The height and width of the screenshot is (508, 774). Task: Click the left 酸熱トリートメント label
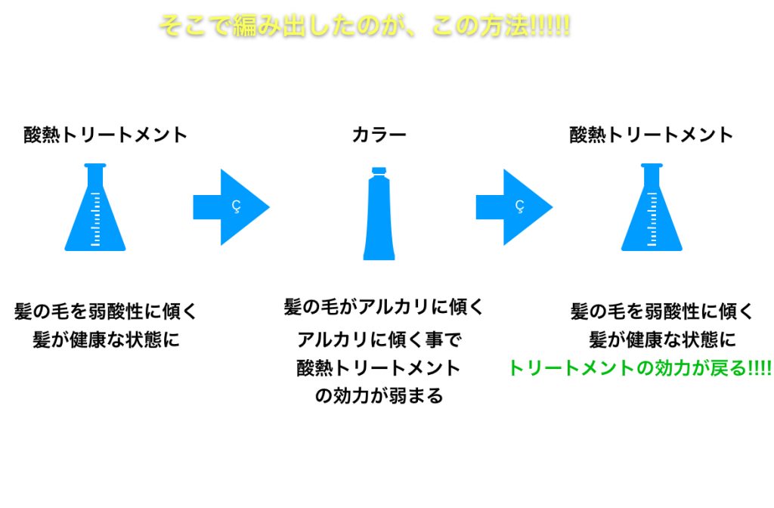(105, 135)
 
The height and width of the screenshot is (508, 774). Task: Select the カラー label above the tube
(379, 135)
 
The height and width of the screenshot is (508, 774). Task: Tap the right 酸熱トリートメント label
(652, 135)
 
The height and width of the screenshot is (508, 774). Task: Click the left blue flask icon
(95, 215)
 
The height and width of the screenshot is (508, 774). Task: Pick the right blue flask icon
(652, 215)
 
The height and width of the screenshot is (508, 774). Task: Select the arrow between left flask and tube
(231, 206)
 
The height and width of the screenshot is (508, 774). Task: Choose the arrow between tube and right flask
(514, 206)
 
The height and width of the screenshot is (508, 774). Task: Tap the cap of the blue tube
(379, 171)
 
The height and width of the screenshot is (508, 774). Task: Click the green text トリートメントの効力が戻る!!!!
(639, 368)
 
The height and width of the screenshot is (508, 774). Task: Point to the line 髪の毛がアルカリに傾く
(383, 307)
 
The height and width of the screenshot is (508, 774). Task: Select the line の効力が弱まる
(379, 396)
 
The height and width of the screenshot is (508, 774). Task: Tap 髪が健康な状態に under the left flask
(106, 339)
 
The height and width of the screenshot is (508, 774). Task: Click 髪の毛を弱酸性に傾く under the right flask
(662, 311)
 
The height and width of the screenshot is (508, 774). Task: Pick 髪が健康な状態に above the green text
(662, 339)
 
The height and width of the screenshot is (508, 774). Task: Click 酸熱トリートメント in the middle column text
(379, 367)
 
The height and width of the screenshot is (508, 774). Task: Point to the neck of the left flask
(95, 181)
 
